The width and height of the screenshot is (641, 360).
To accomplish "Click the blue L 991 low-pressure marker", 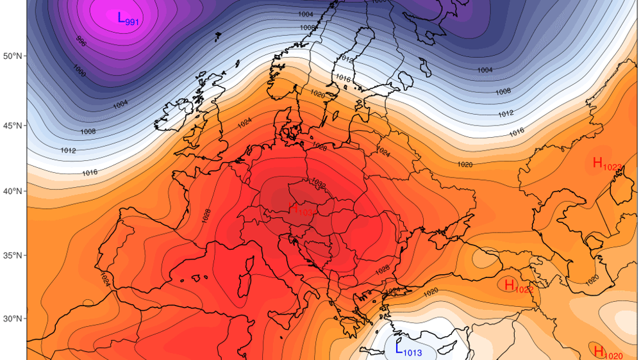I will (x=128, y=19).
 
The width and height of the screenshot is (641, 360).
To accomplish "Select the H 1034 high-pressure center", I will (x=301, y=209).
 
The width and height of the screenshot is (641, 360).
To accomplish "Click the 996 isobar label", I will (x=81, y=42).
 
